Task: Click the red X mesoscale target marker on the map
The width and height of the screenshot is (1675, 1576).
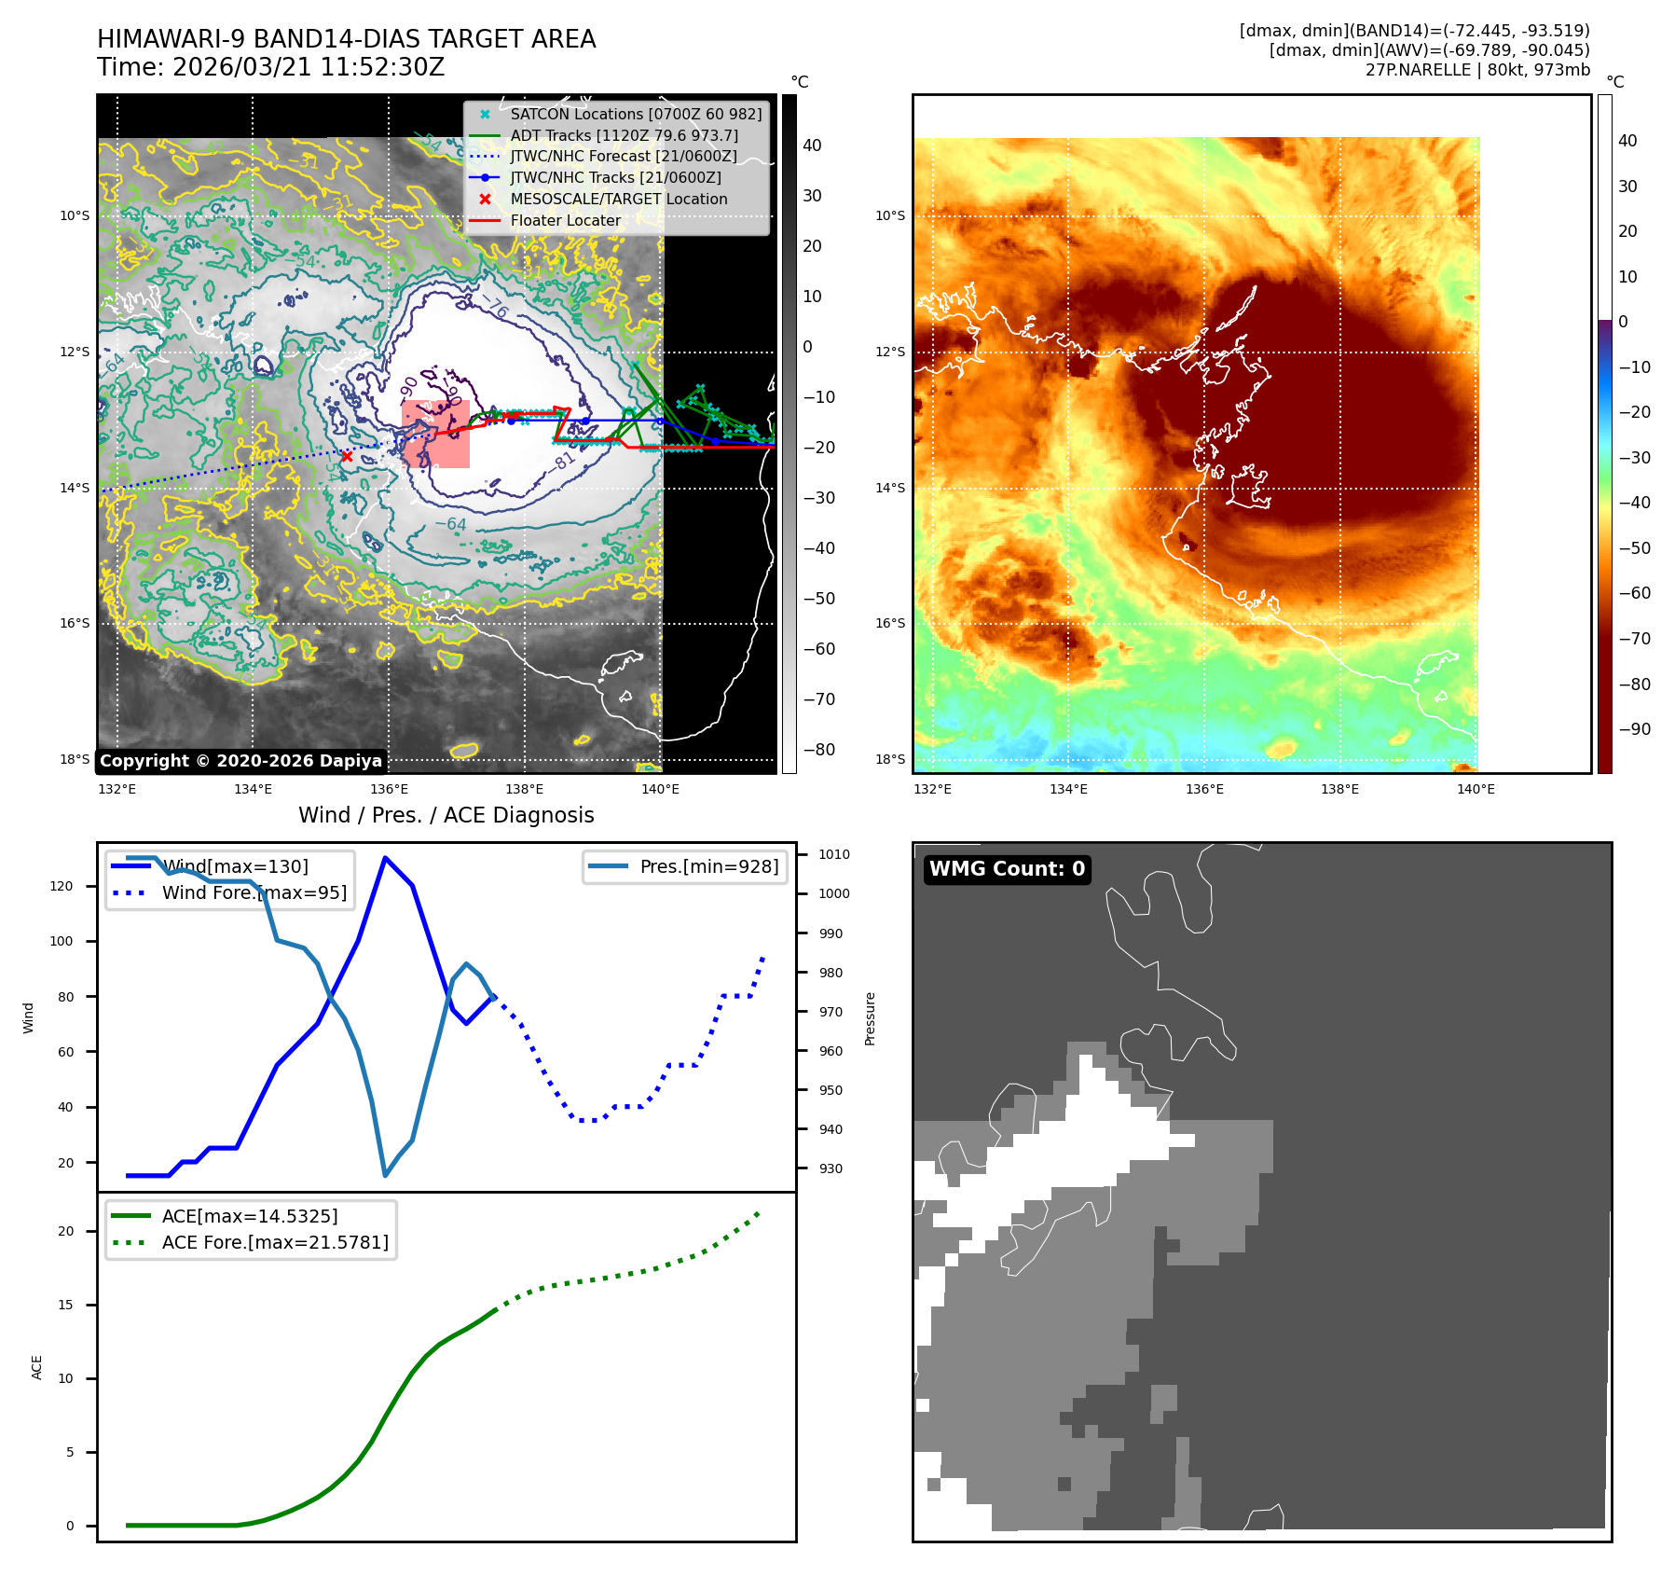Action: tap(347, 456)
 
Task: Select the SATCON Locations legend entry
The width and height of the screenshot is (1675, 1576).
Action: tap(635, 114)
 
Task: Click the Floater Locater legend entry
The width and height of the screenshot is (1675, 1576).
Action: tap(565, 220)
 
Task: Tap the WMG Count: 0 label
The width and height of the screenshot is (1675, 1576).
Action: tap(1007, 869)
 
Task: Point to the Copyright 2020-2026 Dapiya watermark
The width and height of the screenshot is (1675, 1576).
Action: tap(240, 761)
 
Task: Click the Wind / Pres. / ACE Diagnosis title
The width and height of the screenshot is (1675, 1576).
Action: tap(446, 815)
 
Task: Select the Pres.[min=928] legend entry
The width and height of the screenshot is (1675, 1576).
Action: tap(708, 866)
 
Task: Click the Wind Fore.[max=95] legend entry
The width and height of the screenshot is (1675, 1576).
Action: tap(254, 892)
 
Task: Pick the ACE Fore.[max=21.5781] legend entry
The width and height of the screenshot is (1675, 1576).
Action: tap(274, 1242)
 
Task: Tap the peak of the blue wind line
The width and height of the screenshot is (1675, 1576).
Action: tap(385, 858)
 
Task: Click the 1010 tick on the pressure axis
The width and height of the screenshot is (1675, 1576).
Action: tap(833, 854)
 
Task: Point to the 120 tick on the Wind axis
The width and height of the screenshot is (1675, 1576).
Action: tap(62, 886)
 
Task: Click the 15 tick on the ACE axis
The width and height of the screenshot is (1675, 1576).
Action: tap(65, 1305)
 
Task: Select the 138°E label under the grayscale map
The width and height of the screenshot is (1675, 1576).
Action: tap(524, 789)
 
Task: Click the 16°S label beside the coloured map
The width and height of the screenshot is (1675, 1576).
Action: tap(889, 623)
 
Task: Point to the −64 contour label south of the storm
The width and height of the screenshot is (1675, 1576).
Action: tap(451, 524)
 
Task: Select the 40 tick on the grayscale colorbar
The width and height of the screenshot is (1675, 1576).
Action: tap(812, 145)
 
